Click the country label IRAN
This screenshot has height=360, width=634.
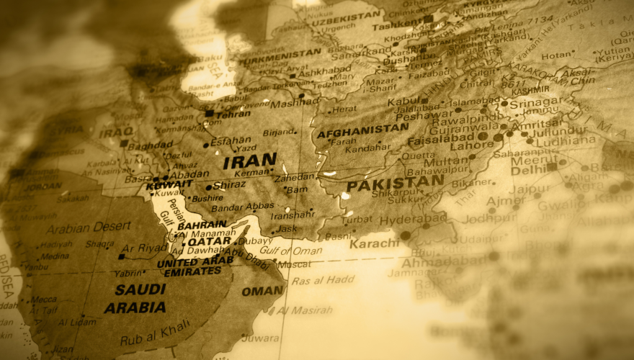250,161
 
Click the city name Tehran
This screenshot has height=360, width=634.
233,114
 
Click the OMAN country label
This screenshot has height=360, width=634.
262,291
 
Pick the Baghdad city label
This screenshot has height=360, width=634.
151,145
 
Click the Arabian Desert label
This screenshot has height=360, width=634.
88,228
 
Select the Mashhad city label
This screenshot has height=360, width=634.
294,102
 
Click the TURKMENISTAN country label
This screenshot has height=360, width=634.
280,53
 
